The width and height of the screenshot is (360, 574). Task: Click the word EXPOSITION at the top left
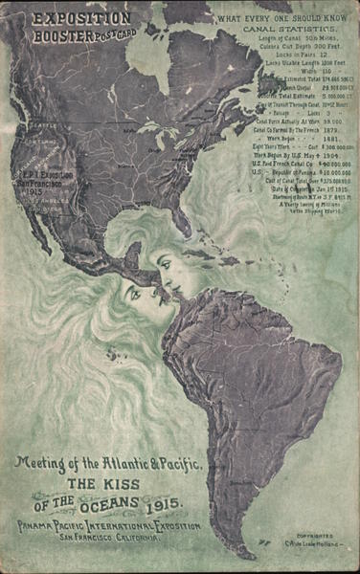[x=80, y=17]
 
